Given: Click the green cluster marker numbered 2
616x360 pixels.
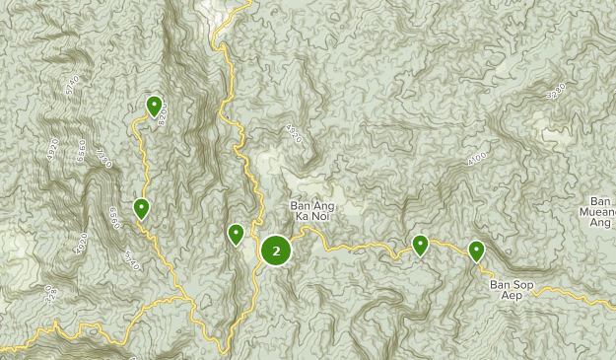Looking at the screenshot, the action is (276, 251).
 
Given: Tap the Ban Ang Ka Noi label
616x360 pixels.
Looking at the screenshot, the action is (313, 213).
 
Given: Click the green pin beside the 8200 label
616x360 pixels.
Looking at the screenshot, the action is (154, 105).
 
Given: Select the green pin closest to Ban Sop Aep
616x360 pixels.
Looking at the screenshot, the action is (477, 251).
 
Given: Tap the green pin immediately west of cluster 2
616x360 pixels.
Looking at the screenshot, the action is (236, 234).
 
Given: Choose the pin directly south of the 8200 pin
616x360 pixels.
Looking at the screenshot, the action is (142, 208).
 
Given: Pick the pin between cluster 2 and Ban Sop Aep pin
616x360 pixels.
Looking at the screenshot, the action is (421, 245).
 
